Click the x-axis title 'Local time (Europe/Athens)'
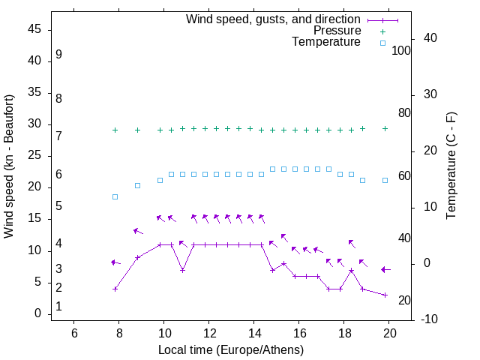(x=231, y=350)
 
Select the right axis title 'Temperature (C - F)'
(x=451, y=166)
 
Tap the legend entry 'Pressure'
(x=337, y=31)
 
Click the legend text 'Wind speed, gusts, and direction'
(x=274, y=19)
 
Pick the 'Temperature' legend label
(x=326, y=42)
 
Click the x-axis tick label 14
(x=254, y=333)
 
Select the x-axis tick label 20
(x=389, y=333)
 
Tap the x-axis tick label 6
(x=74, y=333)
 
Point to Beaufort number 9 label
(x=58, y=55)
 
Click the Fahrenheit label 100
(x=401, y=51)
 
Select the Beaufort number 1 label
(x=58, y=307)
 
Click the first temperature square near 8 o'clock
(x=115, y=196)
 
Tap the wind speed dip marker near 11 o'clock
(x=182, y=270)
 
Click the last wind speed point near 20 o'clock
(x=385, y=295)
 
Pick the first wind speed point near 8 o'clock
(x=115, y=289)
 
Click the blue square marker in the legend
(x=382, y=43)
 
